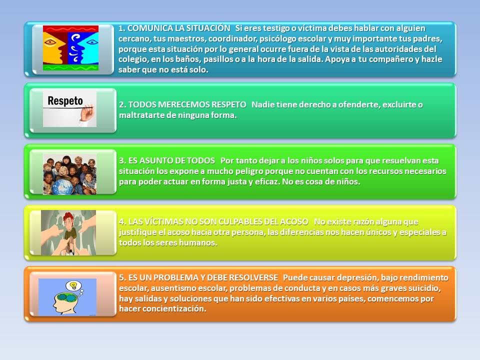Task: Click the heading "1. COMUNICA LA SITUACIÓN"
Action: click(174, 28)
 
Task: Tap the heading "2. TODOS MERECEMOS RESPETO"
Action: click(183, 104)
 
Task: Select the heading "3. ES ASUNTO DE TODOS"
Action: click(167, 160)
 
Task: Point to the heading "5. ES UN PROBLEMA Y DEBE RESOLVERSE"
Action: click(198, 277)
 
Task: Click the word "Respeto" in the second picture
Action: click(65, 100)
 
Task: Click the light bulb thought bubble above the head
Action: click(74, 286)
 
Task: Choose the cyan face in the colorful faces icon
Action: click(89, 45)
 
